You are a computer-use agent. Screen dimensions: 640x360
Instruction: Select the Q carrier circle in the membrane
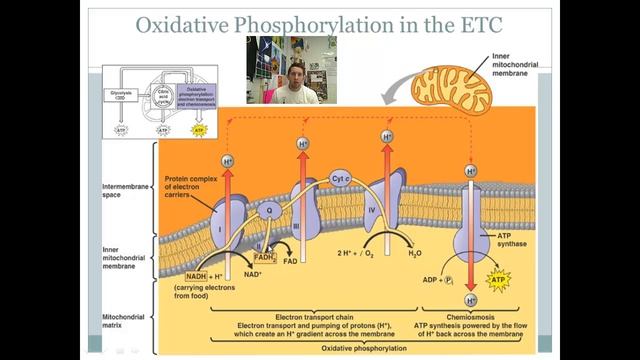pos(266,211)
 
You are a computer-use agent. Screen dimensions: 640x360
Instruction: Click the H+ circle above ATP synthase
pos(470,171)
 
